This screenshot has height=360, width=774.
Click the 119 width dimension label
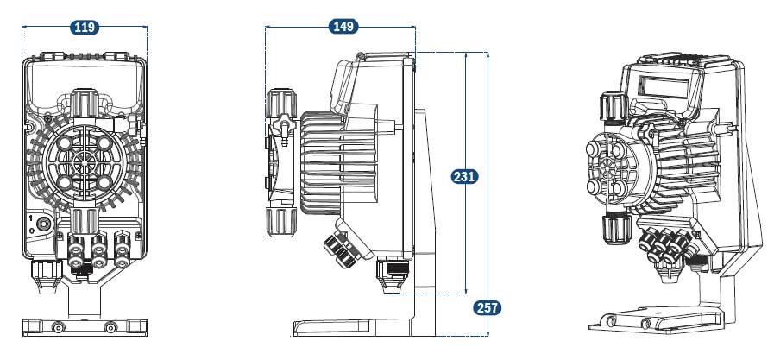pos(84,28)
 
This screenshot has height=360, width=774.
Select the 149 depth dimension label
pos(343,27)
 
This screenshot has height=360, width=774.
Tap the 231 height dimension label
pos(464,177)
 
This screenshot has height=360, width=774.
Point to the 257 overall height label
pos(487,307)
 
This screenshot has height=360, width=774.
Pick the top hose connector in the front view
pos(83,102)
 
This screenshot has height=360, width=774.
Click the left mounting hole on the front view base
pos(58,327)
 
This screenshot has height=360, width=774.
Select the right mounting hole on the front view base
pos(110,327)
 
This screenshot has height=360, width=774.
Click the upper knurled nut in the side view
pos(281,104)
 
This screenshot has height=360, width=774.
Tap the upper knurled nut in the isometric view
pos(610,104)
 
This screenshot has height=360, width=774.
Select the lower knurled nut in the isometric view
pos(614,229)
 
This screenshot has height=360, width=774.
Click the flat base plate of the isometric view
pos(656,321)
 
